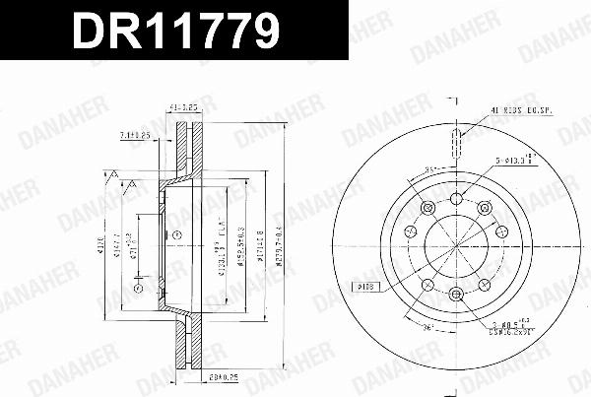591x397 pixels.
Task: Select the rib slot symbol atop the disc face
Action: (455, 142)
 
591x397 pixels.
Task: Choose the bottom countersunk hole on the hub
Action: (455, 294)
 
